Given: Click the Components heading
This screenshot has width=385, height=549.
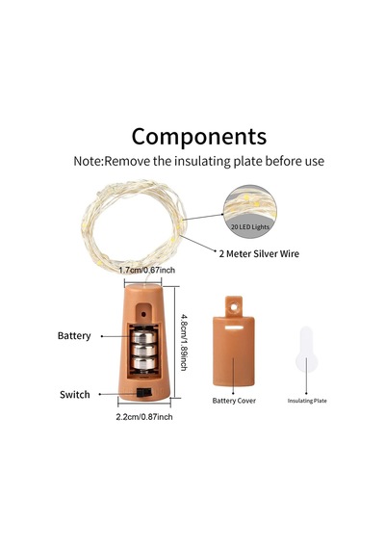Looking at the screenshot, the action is coord(199,137).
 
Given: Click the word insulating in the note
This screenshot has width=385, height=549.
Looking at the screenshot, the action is coord(203,162).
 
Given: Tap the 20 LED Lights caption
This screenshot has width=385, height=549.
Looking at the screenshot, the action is coord(250,227).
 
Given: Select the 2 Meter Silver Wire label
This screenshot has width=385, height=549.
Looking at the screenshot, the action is coord(259,254).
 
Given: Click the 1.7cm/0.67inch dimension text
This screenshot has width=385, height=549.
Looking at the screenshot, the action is coord(146,271).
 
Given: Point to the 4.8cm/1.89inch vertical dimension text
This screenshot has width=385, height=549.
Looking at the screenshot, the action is coord(184,342).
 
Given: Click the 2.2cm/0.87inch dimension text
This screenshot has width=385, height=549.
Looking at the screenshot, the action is coord(144,417).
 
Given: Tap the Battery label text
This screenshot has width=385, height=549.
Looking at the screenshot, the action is coord(74,336).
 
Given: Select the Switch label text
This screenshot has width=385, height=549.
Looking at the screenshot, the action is coord(75,395).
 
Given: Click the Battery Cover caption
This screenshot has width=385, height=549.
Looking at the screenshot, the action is coord(234,401).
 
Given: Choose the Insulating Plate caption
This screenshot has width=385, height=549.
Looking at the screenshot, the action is coord(307,401).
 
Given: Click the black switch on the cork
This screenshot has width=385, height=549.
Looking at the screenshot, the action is coord(143,392).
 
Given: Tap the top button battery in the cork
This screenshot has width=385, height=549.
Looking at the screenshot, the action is coord(143,336).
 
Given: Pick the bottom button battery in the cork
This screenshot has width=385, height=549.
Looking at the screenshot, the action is coord(143,363).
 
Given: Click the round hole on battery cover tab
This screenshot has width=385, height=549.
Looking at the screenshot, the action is coord(234,307).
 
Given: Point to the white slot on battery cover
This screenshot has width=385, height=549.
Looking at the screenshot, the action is coord(234,327).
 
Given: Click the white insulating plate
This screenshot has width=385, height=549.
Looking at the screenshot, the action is coord(306,350).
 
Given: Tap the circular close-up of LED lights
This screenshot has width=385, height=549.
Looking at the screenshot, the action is coord(250,212).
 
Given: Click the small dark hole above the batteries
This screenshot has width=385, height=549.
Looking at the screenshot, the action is coord(143,314).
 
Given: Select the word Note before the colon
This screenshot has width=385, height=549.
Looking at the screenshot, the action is coord(88,162).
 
